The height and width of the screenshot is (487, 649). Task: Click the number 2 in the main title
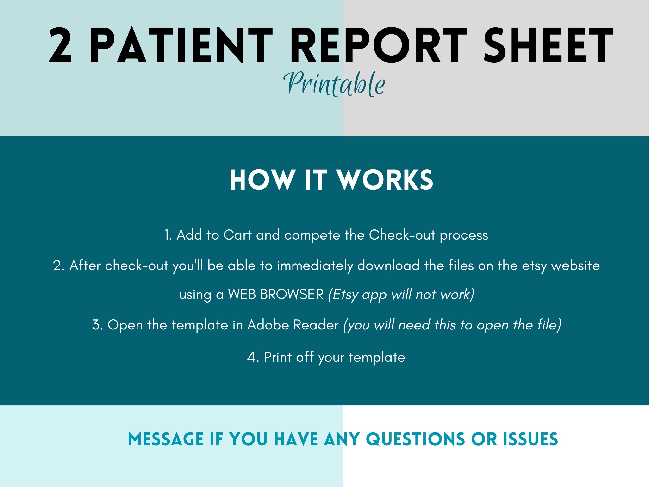point(60,45)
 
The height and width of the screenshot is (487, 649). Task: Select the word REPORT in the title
point(379,45)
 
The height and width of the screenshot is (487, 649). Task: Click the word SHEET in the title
point(549,45)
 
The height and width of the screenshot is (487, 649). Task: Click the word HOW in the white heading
point(262,180)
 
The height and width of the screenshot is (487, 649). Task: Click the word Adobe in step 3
point(268,325)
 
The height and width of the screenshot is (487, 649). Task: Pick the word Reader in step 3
point(316,325)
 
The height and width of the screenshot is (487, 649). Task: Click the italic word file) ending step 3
point(549,325)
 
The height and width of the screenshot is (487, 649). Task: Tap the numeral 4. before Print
point(253,357)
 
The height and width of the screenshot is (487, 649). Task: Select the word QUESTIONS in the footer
point(415,439)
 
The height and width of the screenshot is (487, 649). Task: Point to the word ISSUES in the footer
point(530,439)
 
